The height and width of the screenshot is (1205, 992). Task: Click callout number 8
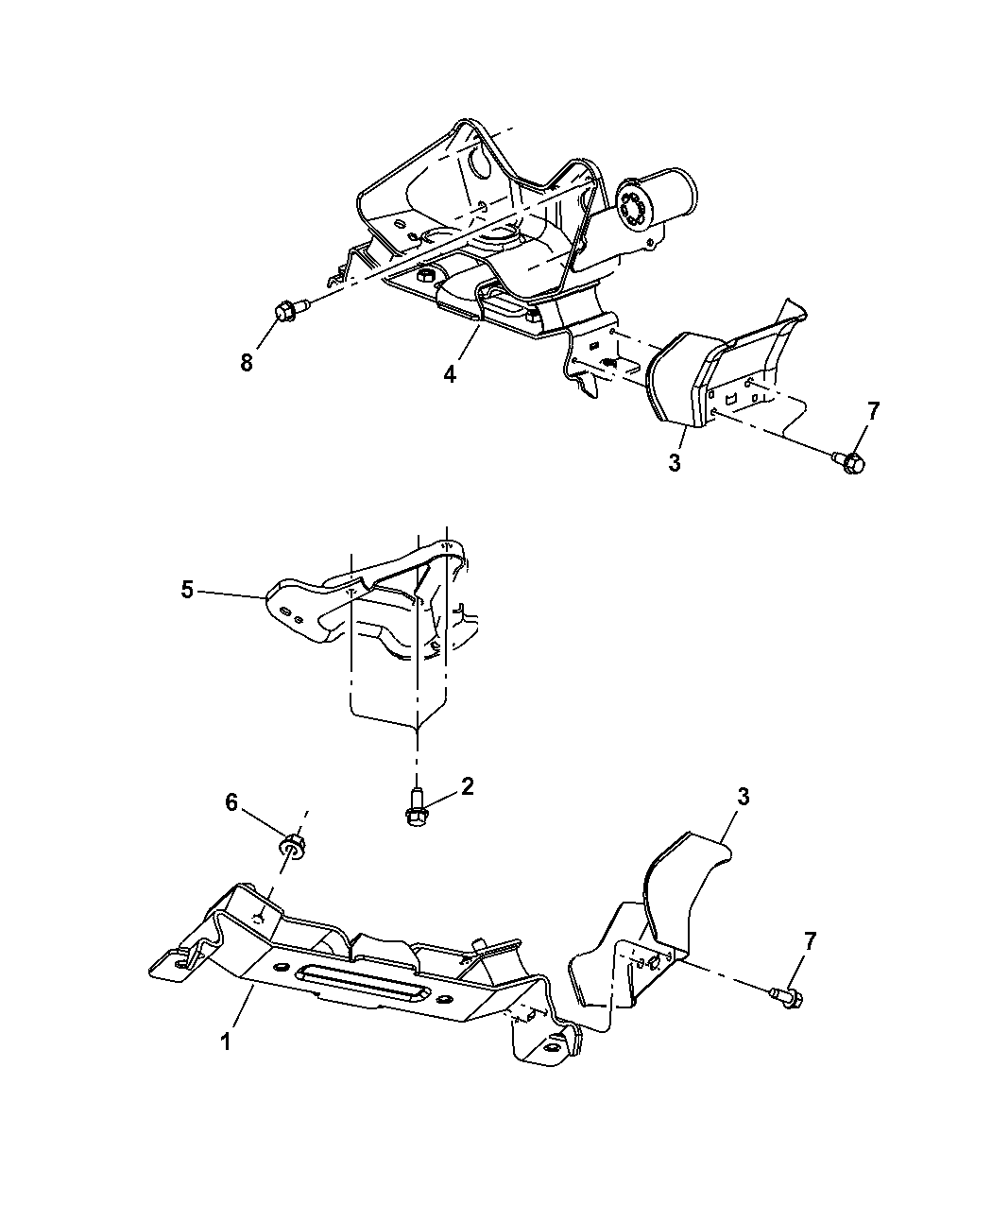click(x=247, y=363)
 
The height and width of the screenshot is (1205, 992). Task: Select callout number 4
click(x=450, y=374)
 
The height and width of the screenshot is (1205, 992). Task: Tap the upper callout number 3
click(x=675, y=464)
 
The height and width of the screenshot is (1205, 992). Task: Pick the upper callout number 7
click(x=873, y=411)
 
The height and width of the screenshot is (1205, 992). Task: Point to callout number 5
click(x=187, y=590)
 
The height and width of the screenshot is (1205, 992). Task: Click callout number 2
click(x=467, y=786)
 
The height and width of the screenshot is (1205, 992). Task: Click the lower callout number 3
click(x=743, y=797)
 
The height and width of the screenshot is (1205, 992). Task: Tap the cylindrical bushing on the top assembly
click(x=659, y=199)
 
